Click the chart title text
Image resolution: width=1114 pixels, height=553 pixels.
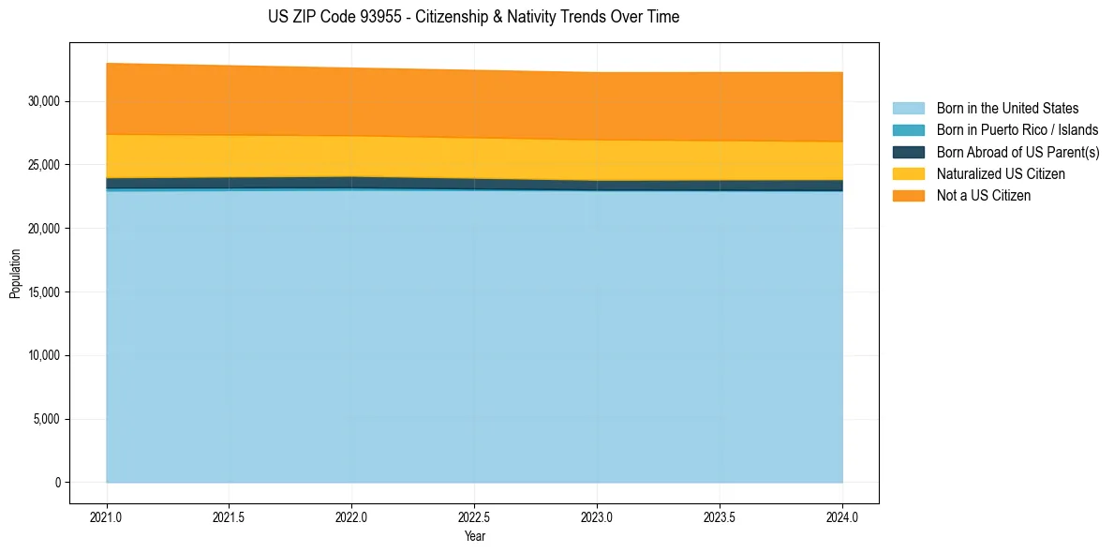coord(473,17)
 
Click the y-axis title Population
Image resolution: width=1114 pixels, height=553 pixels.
coord(15,274)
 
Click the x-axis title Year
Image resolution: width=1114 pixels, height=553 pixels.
coord(475,536)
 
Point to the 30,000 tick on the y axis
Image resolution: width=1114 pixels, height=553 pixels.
coord(44,101)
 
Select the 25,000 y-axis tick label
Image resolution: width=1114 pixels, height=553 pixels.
coord(44,165)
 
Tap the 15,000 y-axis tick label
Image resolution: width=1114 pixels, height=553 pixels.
coord(44,292)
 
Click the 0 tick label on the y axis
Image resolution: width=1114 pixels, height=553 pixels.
coord(58,483)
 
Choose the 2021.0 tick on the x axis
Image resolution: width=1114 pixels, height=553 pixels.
coord(107,516)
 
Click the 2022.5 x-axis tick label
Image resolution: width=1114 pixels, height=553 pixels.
coord(475,516)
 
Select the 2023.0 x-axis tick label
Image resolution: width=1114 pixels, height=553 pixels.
coord(598,516)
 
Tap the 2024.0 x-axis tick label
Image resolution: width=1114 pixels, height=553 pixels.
coord(842,516)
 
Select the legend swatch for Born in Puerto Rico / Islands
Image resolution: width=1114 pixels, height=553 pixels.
coord(909,130)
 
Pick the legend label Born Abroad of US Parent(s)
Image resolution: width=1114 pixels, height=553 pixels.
coord(1017,152)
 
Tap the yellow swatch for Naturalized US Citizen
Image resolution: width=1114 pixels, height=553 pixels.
coord(909,173)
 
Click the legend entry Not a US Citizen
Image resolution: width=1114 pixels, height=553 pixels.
coord(983,195)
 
